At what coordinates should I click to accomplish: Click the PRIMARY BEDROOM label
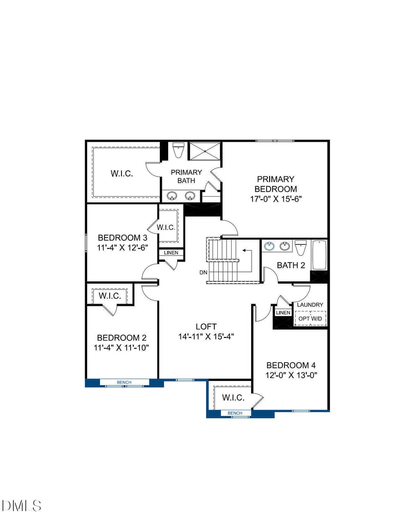pyautogui.click(x=276, y=184)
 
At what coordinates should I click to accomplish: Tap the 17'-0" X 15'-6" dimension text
pyautogui.click(x=276, y=199)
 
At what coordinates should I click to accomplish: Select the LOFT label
pyautogui.click(x=206, y=326)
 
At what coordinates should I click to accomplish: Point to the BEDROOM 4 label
pyautogui.click(x=291, y=365)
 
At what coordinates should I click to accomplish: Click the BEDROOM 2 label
pyautogui.click(x=122, y=337)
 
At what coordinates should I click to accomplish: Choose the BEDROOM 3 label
pyautogui.click(x=122, y=238)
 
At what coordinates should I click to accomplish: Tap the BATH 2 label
pyautogui.click(x=291, y=265)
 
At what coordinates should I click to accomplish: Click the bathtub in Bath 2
pyautogui.click(x=319, y=255)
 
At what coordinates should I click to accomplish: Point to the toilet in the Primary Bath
pyautogui.click(x=178, y=151)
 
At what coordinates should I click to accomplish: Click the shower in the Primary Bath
pyautogui.click(x=204, y=151)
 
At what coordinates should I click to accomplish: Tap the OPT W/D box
pyautogui.click(x=311, y=319)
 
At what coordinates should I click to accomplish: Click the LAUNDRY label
pyautogui.click(x=310, y=305)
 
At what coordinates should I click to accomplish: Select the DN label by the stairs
pyautogui.click(x=203, y=272)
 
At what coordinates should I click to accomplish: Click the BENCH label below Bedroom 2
pyautogui.click(x=124, y=382)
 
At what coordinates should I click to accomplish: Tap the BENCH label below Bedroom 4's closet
pyautogui.click(x=235, y=413)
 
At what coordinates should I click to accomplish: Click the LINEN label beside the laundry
pyautogui.click(x=283, y=312)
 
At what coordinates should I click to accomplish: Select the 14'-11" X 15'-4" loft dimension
pyautogui.click(x=206, y=336)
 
